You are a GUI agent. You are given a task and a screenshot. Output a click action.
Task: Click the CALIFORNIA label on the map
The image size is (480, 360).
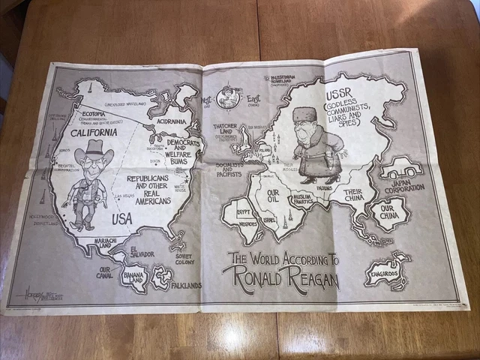94,133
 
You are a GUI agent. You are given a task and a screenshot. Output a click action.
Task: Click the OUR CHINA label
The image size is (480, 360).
391,214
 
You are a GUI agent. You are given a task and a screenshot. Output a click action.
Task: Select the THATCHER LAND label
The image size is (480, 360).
226,132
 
